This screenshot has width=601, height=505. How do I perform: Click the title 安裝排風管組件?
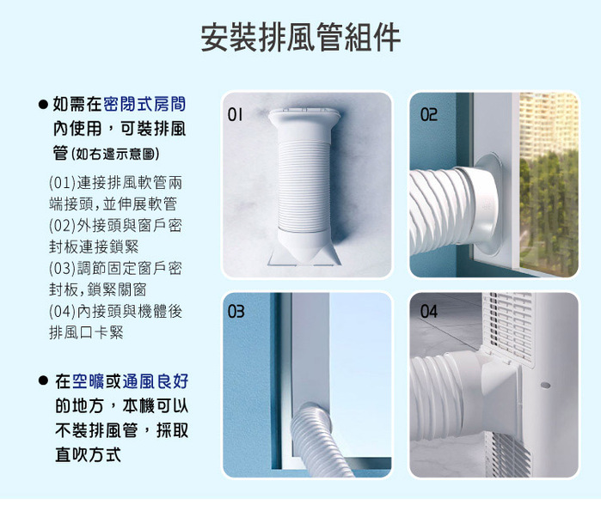click(x=301, y=37)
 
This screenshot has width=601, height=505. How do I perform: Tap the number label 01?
click(x=235, y=114)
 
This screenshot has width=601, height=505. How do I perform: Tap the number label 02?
click(x=428, y=114)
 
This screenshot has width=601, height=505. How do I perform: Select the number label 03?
click(x=236, y=311)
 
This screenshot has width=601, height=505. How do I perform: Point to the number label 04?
click(x=428, y=311)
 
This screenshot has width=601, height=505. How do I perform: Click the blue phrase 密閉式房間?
click(x=144, y=104)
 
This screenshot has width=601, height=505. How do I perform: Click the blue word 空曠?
click(x=88, y=381)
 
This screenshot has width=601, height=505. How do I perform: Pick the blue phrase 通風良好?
click(x=156, y=381)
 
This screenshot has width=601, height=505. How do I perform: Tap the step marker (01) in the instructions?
click(x=63, y=183)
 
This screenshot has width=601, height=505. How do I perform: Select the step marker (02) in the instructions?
click(x=63, y=226)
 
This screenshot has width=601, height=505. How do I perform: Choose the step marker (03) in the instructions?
click(x=63, y=269)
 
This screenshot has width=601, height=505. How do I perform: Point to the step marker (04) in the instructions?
click(x=63, y=311)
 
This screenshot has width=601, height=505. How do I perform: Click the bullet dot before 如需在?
click(x=43, y=104)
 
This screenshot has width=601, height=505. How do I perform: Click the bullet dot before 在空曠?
click(x=43, y=380)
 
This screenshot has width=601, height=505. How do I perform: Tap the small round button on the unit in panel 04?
click(x=545, y=385)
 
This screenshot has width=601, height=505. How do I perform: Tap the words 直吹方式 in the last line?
click(x=89, y=455)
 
